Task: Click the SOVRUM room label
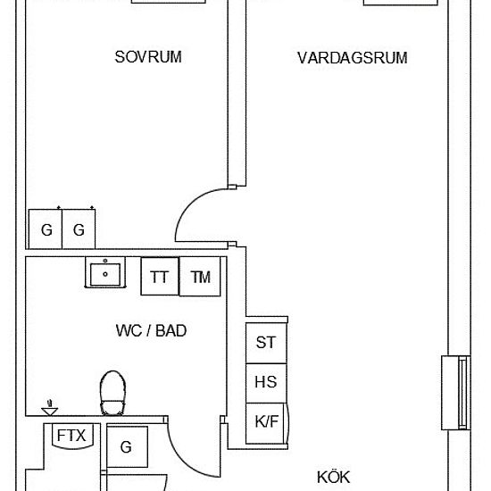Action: [148, 57]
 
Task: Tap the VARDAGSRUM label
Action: [353, 58]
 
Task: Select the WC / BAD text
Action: [151, 330]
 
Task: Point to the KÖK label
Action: [333, 477]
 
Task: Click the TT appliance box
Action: [160, 277]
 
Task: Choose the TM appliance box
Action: [200, 277]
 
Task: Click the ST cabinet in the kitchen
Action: [266, 343]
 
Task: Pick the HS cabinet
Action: [266, 383]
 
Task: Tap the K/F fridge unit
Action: [267, 423]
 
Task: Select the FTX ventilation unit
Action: [72, 437]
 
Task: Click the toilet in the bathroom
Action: [112, 393]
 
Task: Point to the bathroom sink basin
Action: [105, 272]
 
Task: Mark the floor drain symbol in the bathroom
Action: [49, 409]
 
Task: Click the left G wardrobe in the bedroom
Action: [46, 229]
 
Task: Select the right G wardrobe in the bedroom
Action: [79, 229]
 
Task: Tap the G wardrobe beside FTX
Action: [127, 446]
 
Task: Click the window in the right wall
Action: [456, 393]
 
